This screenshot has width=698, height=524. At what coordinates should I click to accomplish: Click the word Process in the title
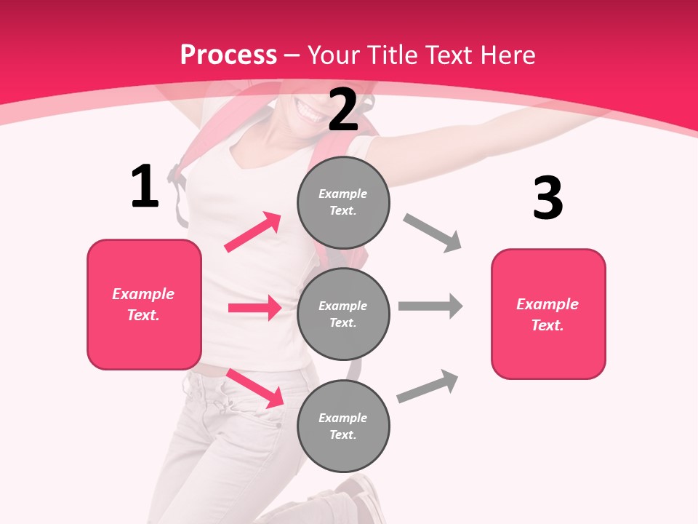[x=228, y=55]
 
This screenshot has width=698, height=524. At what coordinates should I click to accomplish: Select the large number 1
[x=145, y=187]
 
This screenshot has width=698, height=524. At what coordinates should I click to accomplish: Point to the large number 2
[x=343, y=110]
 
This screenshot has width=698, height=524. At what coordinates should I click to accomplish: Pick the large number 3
[x=547, y=198]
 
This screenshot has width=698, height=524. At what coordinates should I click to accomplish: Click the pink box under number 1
[x=144, y=304]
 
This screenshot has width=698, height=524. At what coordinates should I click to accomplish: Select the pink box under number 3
[x=548, y=314]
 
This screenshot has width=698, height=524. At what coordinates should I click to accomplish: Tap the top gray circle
[x=343, y=202]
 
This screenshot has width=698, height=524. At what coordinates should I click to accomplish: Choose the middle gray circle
[x=343, y=314]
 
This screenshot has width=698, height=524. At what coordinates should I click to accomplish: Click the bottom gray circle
[x=343, y=426]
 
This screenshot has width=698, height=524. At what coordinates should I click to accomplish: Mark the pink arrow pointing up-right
[x=253, y=231]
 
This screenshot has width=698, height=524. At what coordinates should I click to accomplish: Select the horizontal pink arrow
[x=254, y=308]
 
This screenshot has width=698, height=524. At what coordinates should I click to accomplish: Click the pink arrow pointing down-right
[x=255, y=388]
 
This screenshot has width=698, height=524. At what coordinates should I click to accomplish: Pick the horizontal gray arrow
[x=430, y=306]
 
